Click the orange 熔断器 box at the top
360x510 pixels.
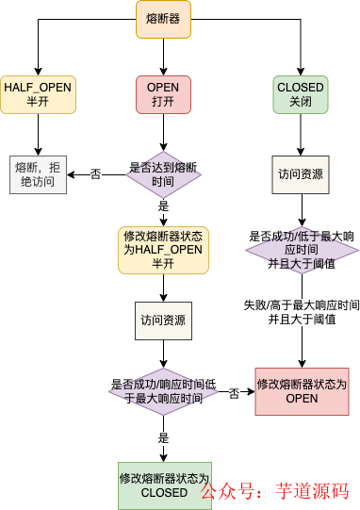tap(163, 19)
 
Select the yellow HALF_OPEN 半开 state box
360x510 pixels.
tap(37, 95)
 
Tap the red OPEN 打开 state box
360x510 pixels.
tap(163, 95)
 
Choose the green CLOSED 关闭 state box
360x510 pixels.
tap(301, 95)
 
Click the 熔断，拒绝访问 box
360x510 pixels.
tap(38, 174)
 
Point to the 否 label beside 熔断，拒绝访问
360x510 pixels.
tap(95, 174)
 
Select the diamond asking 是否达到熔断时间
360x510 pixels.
tap(163, 174)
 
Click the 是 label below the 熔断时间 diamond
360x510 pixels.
tap(163, 206)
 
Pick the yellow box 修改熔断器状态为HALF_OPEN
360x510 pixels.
tap(163, 250)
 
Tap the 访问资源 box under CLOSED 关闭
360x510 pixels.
tap(301, 174)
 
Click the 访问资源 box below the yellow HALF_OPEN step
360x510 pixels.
tap(163, 321)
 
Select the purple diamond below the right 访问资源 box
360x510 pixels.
tap(301, 250)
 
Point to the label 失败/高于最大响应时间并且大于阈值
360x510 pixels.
tap(301, 312)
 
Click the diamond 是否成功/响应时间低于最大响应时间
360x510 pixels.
tap(163, 391)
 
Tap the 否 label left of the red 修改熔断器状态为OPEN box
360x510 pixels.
tap(234, 392)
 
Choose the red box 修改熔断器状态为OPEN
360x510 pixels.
tap(301, 391)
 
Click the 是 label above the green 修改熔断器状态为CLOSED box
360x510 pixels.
tap(163, 438)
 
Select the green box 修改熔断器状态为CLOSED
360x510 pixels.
tap(163, 485)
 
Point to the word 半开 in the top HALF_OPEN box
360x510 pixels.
tap(37, 102)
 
